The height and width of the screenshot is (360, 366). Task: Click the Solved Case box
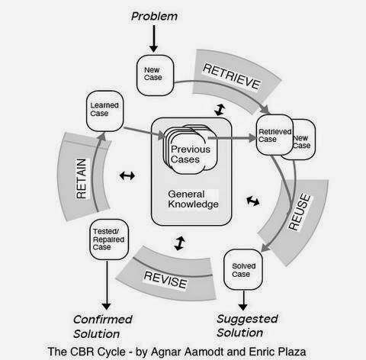(241, 269)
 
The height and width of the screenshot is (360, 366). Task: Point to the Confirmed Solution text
(104, 326)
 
